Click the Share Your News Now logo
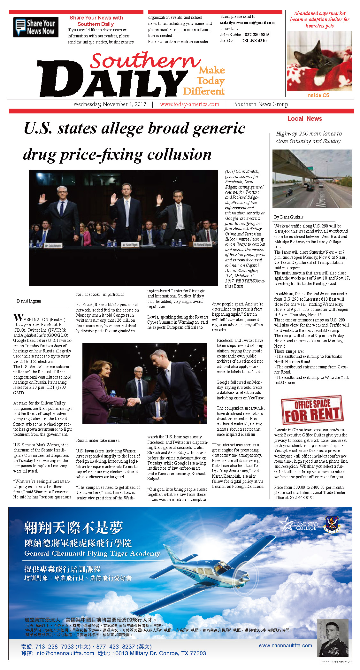(35, 27)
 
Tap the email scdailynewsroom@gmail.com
(247, 23)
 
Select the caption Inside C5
(317, 95)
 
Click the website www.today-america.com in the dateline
(189, 104)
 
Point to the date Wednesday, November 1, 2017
(110, 104)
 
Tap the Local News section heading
(304, 119)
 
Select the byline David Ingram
(29, 301)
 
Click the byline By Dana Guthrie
(289, 217)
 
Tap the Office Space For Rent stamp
(312, 410)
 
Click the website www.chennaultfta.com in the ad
(285, 645)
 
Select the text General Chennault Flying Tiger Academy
(92, 554)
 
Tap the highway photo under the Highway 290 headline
(312, 178)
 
